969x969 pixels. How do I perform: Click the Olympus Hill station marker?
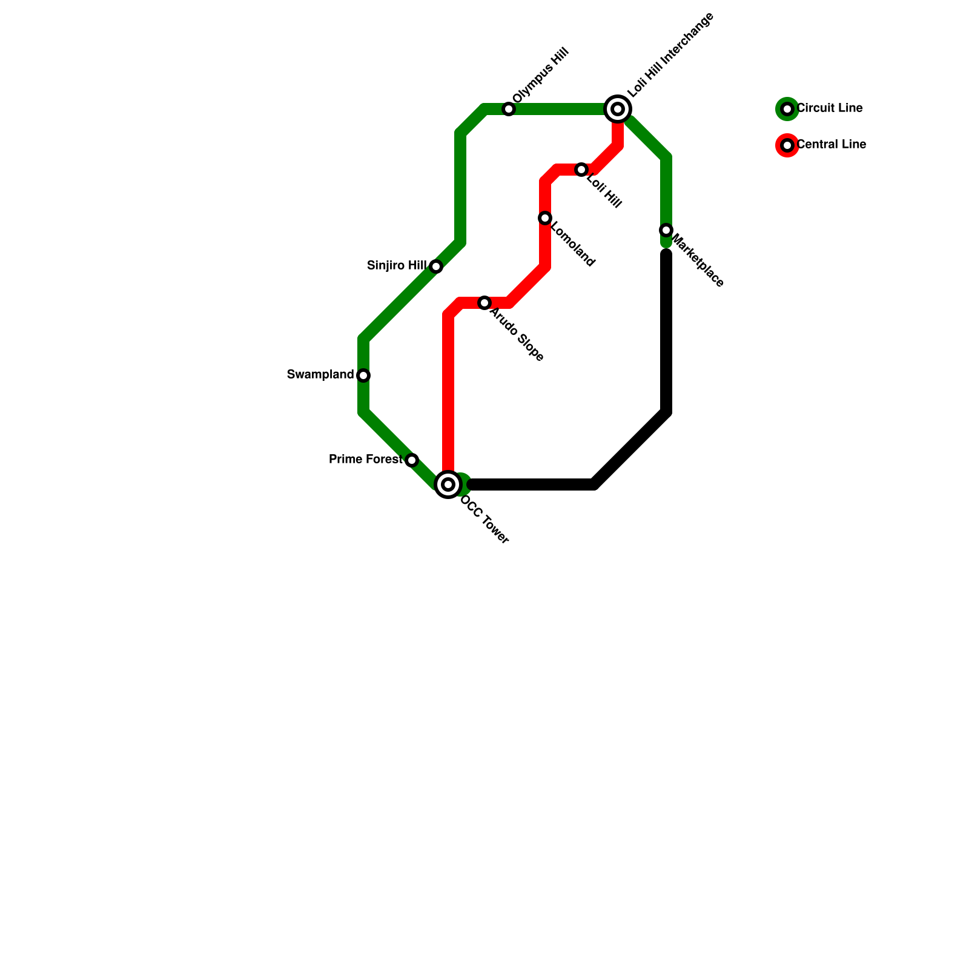(509, 109)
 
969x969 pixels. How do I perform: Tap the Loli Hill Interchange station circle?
(618, 109)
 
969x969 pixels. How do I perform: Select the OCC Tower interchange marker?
(448, 484)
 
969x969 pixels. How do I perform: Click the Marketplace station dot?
(666, 230)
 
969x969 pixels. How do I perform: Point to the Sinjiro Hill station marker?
(436, 266)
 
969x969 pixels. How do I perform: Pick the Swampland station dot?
(363, 375)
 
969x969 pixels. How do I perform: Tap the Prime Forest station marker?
(412, 460)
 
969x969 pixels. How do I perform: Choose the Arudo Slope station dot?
(484, 303)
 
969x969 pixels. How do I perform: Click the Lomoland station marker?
(545, 218)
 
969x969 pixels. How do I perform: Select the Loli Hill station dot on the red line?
(581, 170)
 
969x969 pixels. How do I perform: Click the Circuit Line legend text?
(829, 108)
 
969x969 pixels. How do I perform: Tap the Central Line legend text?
(831, 145)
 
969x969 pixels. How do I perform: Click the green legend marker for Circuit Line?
(787, 109)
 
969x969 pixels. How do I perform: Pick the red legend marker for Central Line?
(787, 145)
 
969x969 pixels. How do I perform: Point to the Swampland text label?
(320, 375)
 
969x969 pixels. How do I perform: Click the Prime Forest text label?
(365, 460)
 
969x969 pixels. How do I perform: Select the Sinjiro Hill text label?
(397, 266)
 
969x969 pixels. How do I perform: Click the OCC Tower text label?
(486, 521)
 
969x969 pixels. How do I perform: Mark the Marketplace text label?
(698, 260)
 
